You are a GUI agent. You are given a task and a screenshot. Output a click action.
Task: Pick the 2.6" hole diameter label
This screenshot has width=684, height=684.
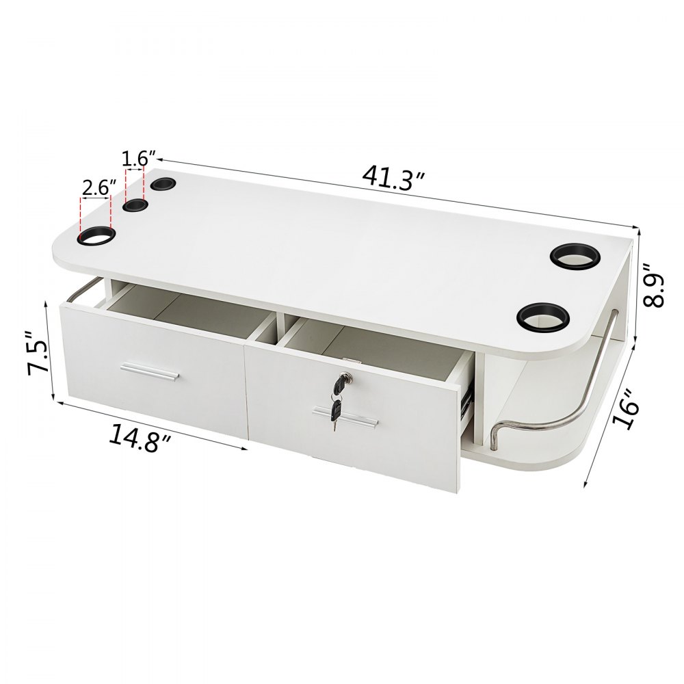click(98, 187)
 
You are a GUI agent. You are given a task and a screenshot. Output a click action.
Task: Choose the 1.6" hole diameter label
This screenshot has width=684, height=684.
click(134, 159)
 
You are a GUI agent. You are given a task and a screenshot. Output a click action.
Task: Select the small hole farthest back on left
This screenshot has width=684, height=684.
click(163, 184)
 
